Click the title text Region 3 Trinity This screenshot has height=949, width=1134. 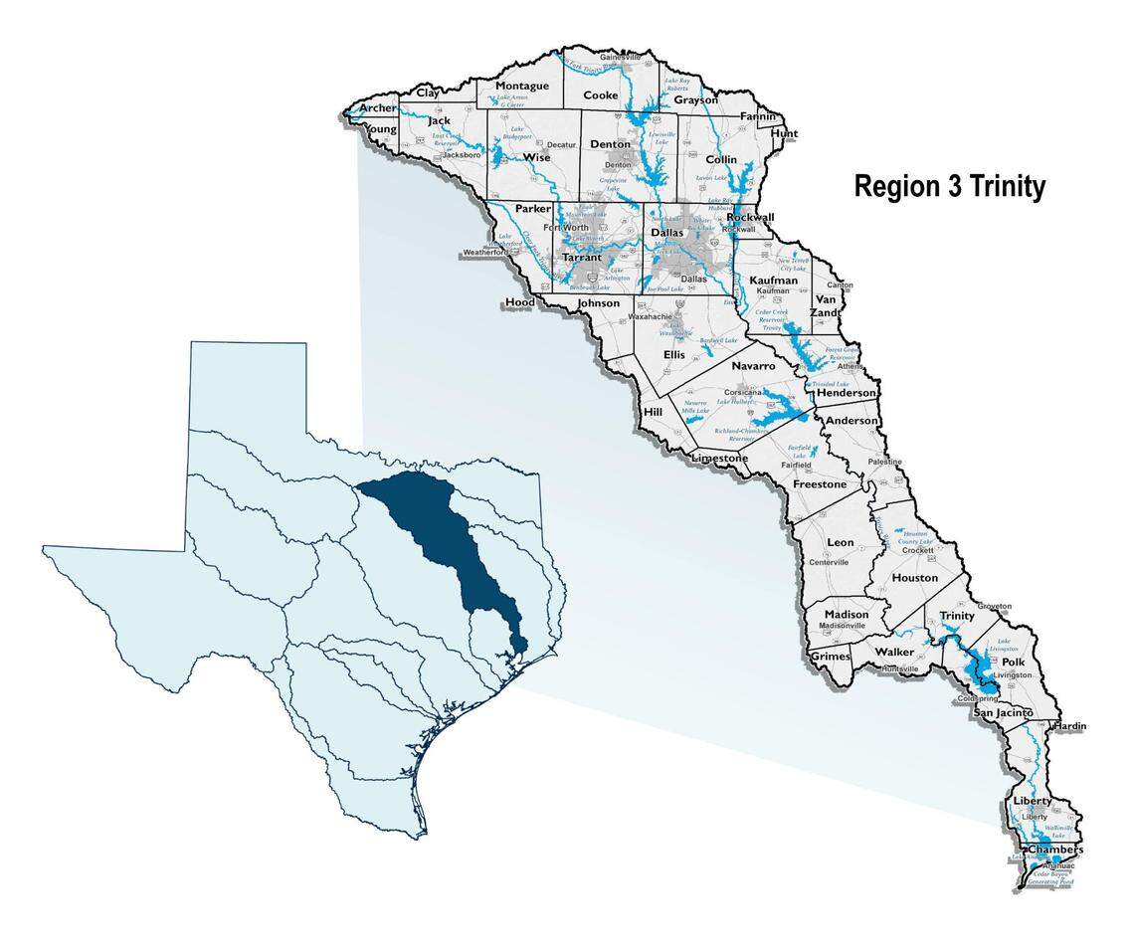(949, 187)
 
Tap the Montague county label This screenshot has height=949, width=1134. (521, 86)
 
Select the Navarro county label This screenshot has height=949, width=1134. (753, 366)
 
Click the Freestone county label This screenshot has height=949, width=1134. (820, 484)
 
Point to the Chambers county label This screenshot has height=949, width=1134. (1053, 851)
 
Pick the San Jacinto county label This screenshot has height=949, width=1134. (1004, 713)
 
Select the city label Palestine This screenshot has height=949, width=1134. (884, 463)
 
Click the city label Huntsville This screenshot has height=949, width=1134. (899, 669)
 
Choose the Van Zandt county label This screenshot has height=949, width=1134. (828, 305)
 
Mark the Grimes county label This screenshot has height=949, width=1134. (831, 657)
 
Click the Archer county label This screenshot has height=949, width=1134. (378, 107)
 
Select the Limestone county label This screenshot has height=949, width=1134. (719, 458)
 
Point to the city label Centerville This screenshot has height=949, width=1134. (829, 562)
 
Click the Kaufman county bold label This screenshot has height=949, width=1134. (773, 281)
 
